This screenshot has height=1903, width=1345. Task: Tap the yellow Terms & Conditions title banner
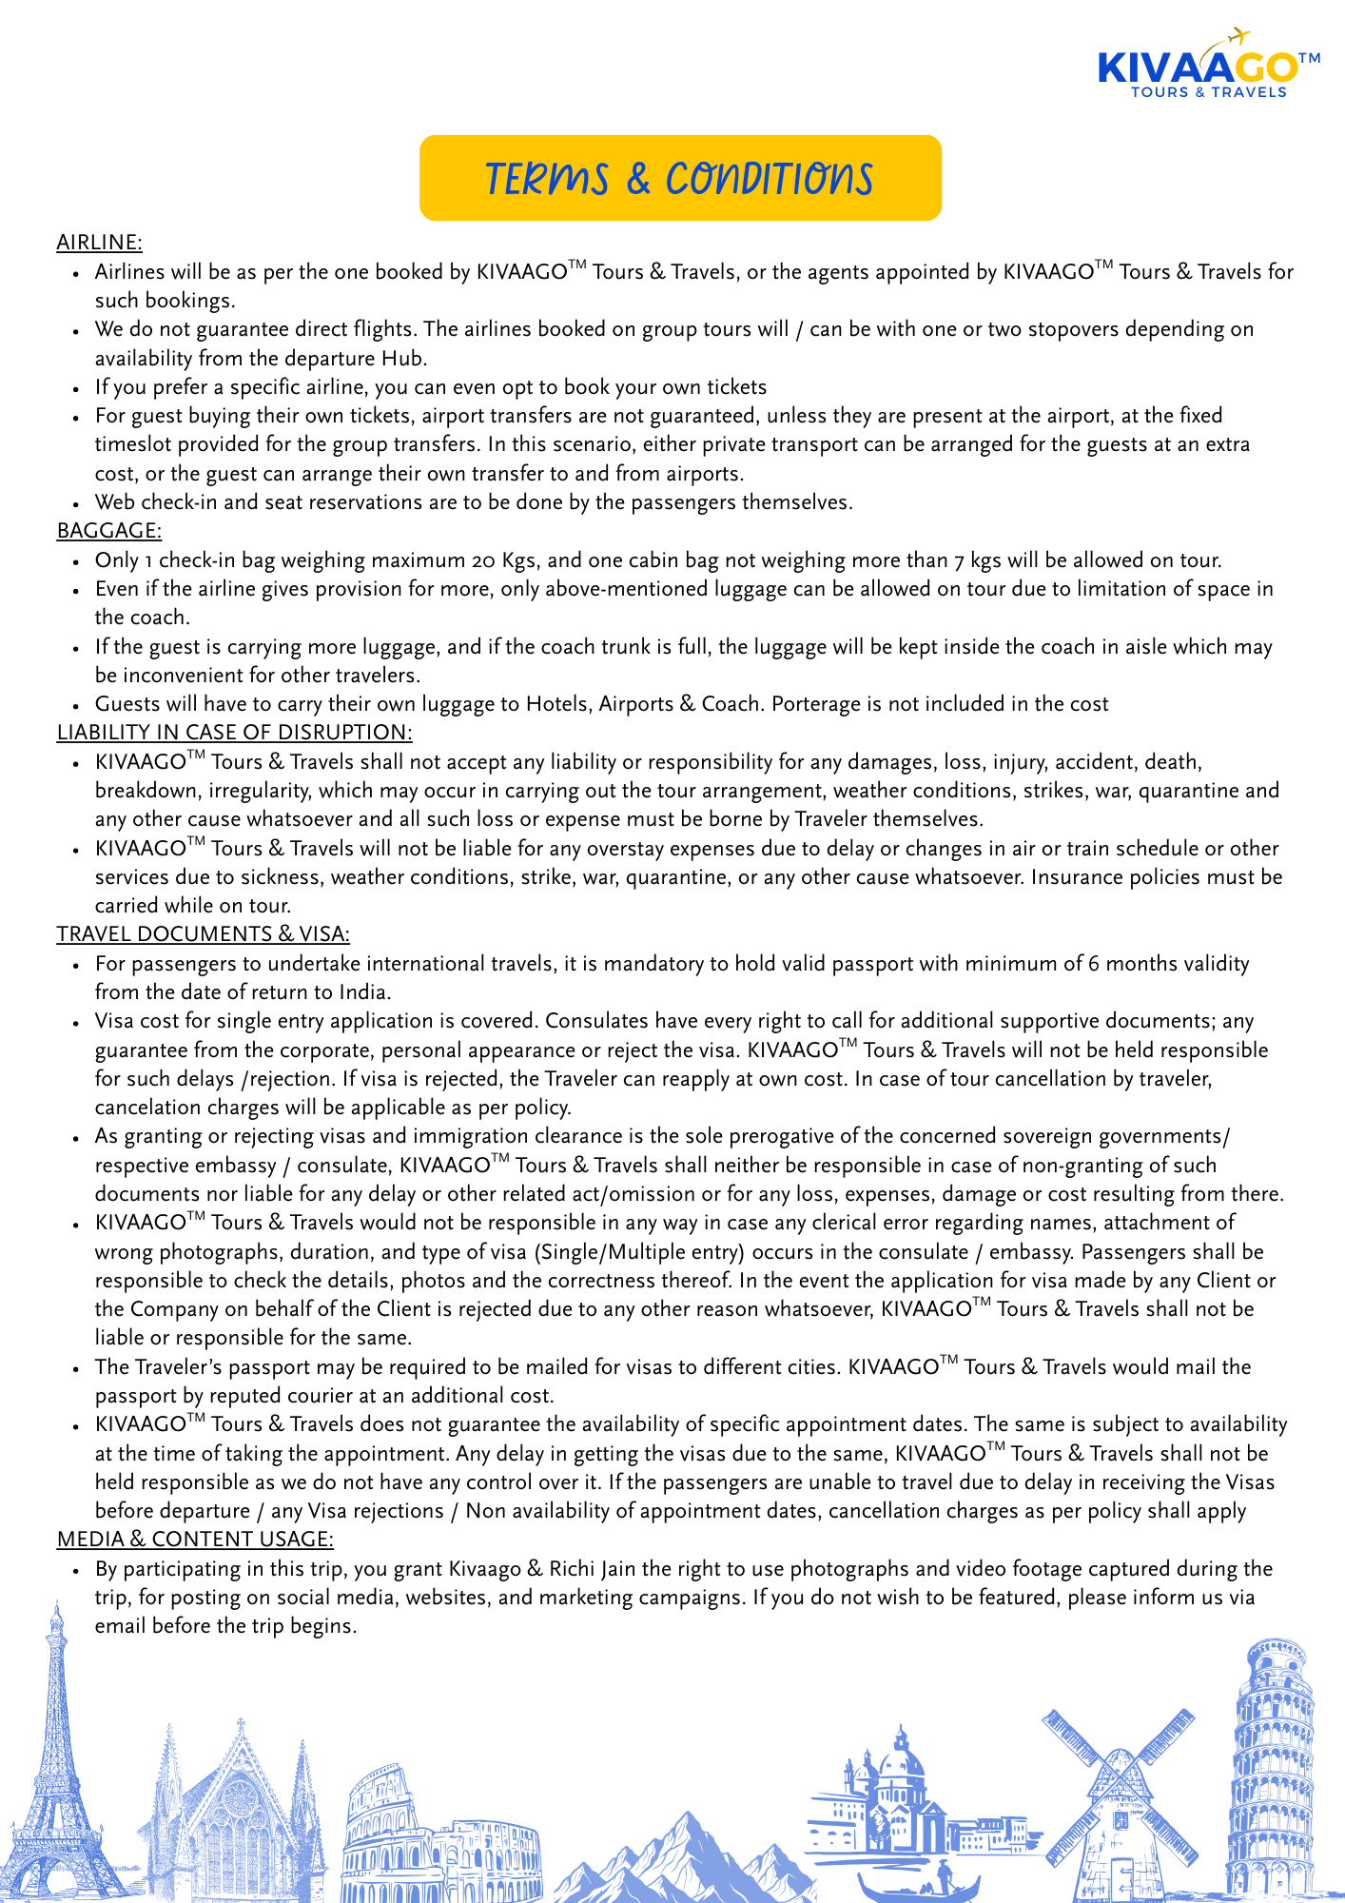pyautogui.click(x=680, y=178)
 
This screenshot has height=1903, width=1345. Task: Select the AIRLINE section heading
pyautogui.click(x=99, y=243)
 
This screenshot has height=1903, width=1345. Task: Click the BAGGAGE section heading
pyautogui.click(x=109, y=530)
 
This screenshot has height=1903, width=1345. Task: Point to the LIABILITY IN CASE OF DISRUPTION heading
pyautogui.click(x=234, y=732)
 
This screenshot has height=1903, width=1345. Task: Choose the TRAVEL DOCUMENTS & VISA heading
pyautogui.click(x=203, y=933)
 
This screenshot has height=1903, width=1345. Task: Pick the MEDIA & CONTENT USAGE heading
pyautogui.click(x=195, y=1539)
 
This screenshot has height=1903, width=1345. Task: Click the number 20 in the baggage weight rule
pyautogui.click(x=482, y=560)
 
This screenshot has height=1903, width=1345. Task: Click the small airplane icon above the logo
pyautogui.click(x=1237, y=36)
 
